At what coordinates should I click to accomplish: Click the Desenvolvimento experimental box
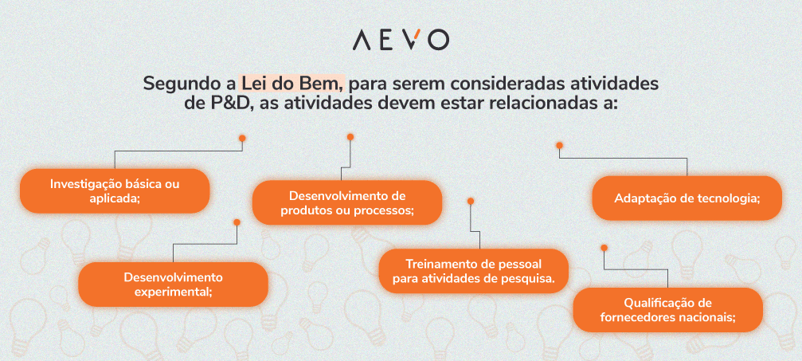[x=173, y=284]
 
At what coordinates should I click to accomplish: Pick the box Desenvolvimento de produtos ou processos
[x=346, y=202]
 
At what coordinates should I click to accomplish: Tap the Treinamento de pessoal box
[x=473, y=272]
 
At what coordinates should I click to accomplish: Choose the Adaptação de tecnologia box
[x=687, y=198]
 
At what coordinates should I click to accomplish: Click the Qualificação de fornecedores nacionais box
[x=667, y=309]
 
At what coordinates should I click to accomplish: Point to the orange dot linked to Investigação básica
[x=241, y=138]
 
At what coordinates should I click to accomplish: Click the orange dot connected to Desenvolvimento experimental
[x=236, y=222]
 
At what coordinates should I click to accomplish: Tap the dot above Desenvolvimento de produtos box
[x=350, y=137]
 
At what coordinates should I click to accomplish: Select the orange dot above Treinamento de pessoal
[x=471, y=201]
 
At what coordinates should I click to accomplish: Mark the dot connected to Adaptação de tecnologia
[x=559, y=145]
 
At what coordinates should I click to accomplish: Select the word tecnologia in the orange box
[x=722, y=198]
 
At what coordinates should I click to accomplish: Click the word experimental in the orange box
[x=173, y=292]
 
